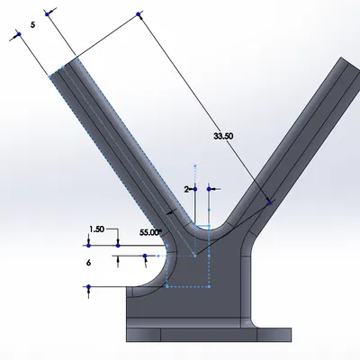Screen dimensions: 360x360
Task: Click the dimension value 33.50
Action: [222, 136]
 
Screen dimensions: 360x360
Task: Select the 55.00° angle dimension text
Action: [150, 232]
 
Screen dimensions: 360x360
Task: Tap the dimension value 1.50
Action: [99, 229]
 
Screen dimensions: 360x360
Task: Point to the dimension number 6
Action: [89, 262]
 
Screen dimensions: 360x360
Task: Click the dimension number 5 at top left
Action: [32, 26]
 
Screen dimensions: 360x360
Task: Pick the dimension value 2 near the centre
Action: [186, 190]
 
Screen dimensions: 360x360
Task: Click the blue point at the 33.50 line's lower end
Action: [272, 203]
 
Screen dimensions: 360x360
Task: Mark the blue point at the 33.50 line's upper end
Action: [139, 13]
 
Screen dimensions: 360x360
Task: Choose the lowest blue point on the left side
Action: [87, 287]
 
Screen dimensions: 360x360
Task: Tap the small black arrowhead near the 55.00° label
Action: [168, 211]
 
